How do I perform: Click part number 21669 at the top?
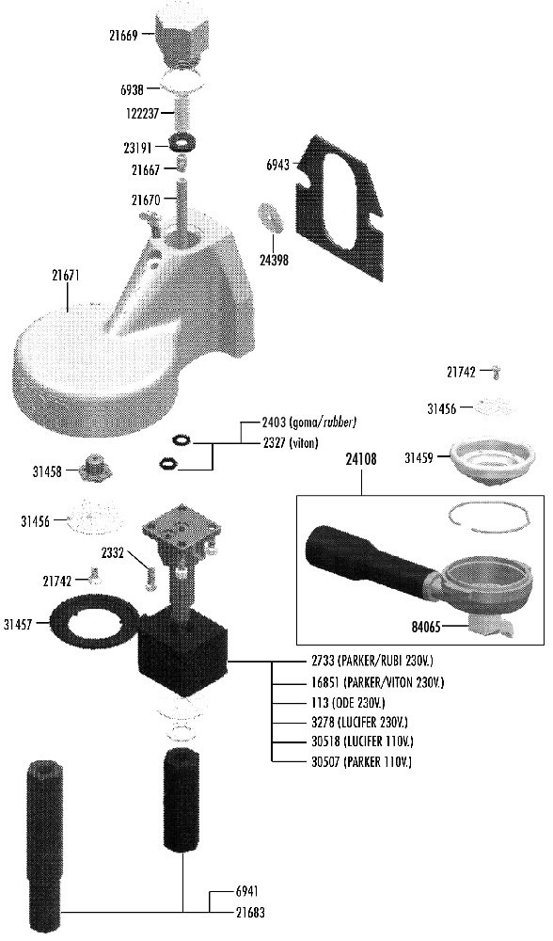click(123, 36)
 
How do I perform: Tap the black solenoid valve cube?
click(184, 656)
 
